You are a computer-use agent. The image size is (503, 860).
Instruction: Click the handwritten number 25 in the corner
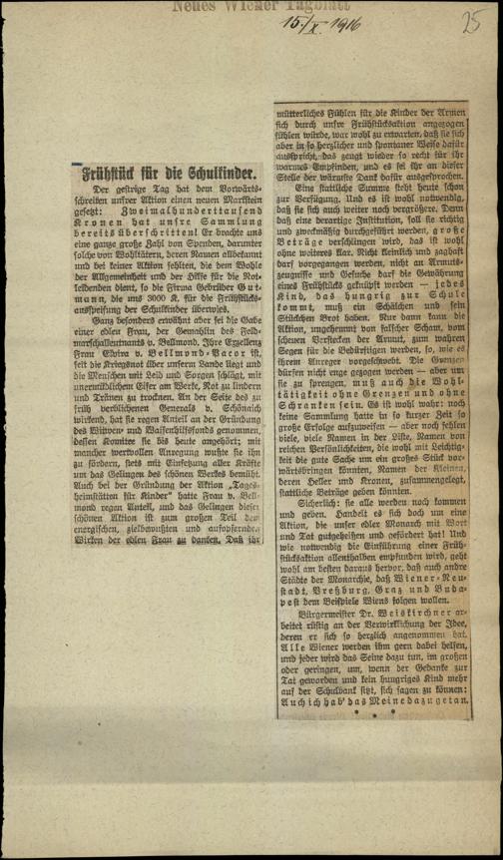[471, 23]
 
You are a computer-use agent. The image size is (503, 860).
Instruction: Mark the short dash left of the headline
[75, 166]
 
